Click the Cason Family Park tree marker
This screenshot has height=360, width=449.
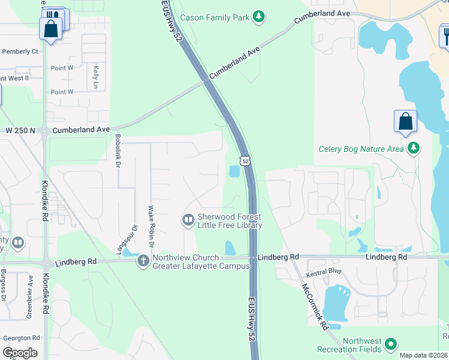tap(259, 17)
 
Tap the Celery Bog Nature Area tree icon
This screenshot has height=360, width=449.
tap(412, 148)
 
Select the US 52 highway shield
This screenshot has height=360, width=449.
tap(244, 161)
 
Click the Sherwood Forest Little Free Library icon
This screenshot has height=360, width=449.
tap(188, 220)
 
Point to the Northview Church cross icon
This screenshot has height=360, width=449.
tap(143, 261)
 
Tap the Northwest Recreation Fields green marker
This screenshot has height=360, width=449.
tap(391, 344)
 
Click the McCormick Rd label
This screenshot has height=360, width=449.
tap(314, 306)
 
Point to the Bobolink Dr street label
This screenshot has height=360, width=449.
tap(118, 151)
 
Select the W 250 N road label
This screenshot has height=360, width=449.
tap(20, 130)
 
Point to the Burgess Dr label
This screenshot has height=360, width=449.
tap(4, 289)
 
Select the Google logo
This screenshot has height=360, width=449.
tap(20, 352)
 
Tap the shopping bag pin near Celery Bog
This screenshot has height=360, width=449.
tap(406, 121)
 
